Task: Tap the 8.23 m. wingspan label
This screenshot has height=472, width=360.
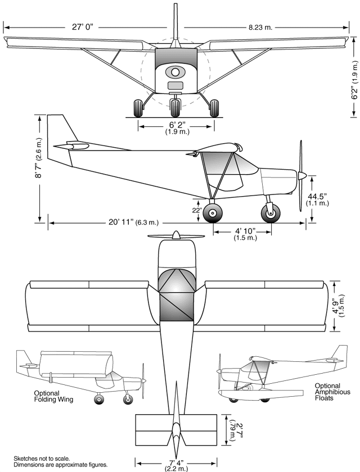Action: [x=262, y=26]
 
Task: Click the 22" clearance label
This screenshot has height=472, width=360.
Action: [x=196, y=210]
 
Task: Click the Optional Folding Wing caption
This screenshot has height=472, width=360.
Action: [x=54, y=396]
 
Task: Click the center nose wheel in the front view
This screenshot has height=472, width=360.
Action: [x=176, y=107]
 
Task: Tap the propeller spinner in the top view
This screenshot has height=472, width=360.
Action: [x=176, y=235]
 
